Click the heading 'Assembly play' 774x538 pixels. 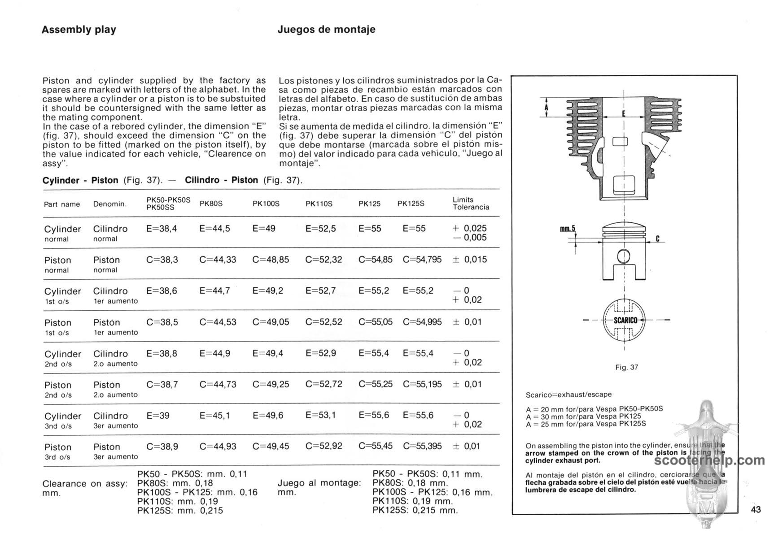tap(79, 30)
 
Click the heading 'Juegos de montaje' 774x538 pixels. tap(326, 30)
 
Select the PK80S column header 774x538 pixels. tap(211, 204)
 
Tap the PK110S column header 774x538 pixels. tap(319, 204)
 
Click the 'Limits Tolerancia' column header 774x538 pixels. tap(471, 204)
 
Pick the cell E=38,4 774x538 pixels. tap(162, 229)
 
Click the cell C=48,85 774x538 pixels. tap(271, 260)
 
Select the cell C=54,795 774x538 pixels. tap(422, 260)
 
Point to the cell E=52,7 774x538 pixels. tap(320, 291)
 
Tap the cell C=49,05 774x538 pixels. tap(271, 322)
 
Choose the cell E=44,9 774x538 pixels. tap(214, 353)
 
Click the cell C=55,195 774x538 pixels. tap(422, 384)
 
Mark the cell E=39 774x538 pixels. tap(158, 416)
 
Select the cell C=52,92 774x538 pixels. tap(324, 447)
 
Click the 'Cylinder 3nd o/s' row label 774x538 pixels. tap(62, 420)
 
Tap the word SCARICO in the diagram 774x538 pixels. tap(625, 320)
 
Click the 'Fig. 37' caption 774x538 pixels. tap(626, 367)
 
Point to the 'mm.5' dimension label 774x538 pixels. tap(567, 229)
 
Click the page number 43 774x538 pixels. tap(756, 509)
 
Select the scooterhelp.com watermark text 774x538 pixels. tap(709, 460)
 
